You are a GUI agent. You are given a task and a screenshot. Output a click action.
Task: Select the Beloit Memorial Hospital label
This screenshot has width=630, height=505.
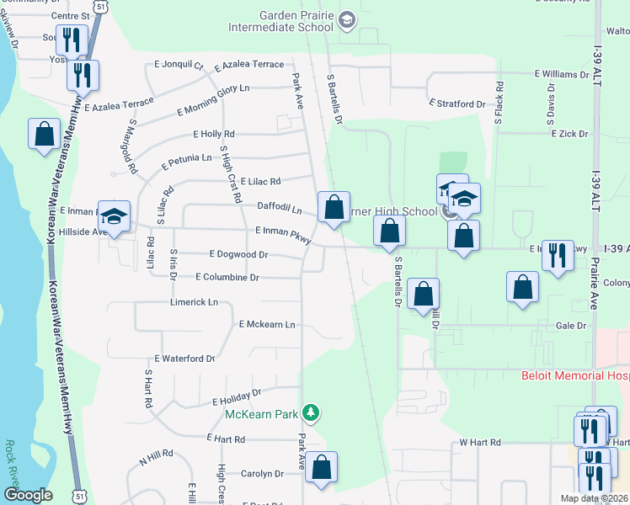(574, 375)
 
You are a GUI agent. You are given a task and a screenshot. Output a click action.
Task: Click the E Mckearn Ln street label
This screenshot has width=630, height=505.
(267, 324)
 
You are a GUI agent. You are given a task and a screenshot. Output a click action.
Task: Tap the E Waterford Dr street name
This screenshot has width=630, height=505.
(184, 359)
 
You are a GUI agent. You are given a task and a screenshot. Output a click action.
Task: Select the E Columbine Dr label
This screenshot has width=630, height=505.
(227, 277)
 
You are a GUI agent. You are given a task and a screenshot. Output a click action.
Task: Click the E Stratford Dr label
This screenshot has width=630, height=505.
(457, 104)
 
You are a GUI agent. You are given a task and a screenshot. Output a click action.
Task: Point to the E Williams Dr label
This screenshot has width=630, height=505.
(561, 75)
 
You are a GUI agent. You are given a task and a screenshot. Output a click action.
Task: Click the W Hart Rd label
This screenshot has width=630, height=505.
(480, 442)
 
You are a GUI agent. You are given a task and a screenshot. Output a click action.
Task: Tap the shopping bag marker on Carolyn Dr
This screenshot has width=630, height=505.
(321, 468)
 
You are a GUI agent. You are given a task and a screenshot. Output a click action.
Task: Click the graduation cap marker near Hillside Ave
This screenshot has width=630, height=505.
(115, 217)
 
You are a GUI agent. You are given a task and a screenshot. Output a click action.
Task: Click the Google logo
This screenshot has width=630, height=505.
(28, 495)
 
